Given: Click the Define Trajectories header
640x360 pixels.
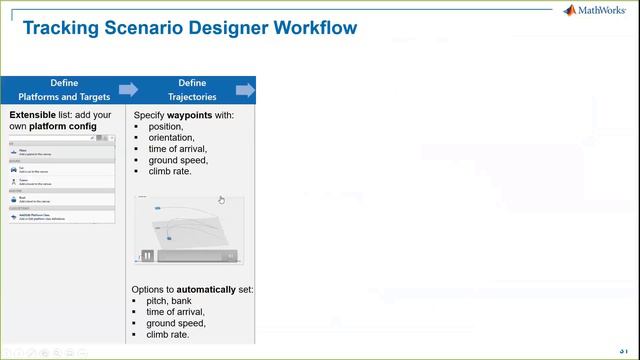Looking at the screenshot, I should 191,90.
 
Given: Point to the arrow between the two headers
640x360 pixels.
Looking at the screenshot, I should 128,90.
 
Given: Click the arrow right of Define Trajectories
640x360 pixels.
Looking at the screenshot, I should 245,90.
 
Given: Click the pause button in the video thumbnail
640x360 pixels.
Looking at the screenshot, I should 147,256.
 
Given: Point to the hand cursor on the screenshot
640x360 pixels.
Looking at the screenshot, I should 221,199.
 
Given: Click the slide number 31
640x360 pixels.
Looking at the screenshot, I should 625,350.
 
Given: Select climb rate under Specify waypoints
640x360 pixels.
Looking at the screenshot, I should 169,171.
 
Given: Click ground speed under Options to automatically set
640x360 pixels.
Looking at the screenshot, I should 177,323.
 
